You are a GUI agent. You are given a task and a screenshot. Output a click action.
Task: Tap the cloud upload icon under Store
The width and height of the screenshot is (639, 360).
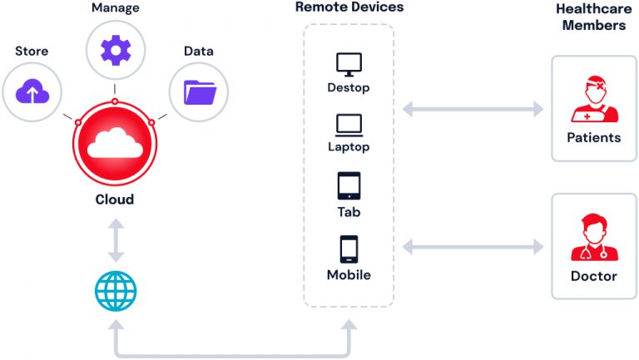pos(31,91)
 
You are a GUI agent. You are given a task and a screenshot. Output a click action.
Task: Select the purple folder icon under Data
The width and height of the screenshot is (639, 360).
pos(198,91)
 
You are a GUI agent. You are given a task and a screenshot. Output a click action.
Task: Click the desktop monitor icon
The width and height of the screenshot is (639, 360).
pos(348,63)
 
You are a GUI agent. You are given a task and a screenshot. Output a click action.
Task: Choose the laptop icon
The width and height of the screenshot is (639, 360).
pos(348,126)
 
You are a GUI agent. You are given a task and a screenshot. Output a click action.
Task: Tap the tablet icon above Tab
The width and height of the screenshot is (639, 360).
pos(348,186)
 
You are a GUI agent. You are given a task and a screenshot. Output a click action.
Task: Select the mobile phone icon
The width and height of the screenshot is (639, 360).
pos(348,249)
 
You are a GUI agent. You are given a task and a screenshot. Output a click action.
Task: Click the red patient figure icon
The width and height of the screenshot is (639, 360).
pos(593,101)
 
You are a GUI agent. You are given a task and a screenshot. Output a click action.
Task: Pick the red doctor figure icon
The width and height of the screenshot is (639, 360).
pos(593,238)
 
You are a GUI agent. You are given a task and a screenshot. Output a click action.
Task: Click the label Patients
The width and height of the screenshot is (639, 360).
pos(593,137)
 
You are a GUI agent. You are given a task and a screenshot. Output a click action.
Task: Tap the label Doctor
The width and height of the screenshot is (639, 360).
pos(593,275)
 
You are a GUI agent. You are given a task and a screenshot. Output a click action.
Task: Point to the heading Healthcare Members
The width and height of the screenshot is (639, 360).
pos(592,17)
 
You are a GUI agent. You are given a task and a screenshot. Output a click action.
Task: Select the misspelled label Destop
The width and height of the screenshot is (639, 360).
pos(348,87)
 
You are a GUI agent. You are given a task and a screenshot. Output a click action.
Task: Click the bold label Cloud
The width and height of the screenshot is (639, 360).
pos(115,200)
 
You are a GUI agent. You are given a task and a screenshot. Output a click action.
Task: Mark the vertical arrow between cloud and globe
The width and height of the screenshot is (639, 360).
pos(115,240)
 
